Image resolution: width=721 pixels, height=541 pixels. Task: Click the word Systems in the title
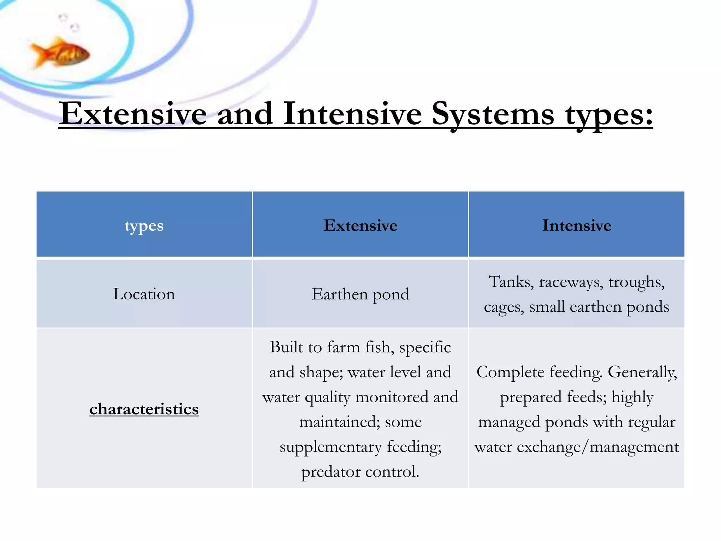tap(493, 114)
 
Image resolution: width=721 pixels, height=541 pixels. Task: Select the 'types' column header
tap(144, 225)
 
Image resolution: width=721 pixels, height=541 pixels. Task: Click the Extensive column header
tap(360, 225)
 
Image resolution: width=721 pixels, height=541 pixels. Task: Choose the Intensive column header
tap(576, 225)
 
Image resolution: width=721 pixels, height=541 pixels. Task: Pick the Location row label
tap(144, 294)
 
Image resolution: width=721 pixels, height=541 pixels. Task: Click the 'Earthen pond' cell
tap(360, 294)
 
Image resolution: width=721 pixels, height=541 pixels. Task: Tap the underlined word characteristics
tap(144, 409)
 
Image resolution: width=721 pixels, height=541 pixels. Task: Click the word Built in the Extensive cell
tap(286, 347)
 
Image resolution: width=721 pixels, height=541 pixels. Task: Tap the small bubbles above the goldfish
tap(69, 22)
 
